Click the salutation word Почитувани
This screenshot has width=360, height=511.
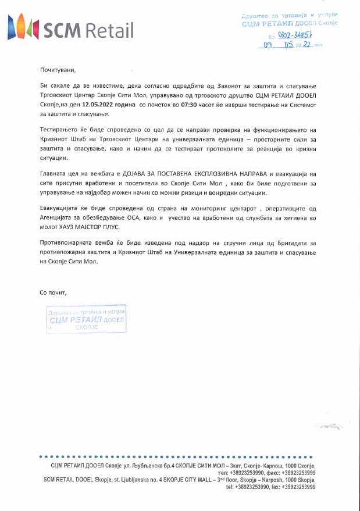tap(58, 70)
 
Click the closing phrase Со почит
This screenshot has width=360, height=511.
tap(53, 292)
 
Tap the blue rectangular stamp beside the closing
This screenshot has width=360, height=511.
tap(86, 318)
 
